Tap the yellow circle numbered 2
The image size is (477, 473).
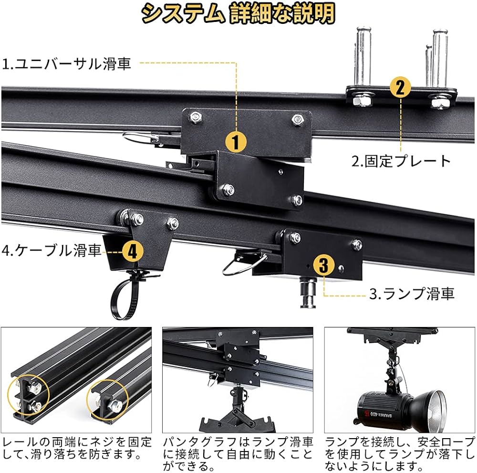coord(400,87)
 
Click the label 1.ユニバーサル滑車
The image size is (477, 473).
coord(67,63)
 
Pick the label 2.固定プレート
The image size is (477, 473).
coord(401,161)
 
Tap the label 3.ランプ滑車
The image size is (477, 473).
coord(412,293)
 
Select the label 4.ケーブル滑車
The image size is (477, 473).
coord(52,250)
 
